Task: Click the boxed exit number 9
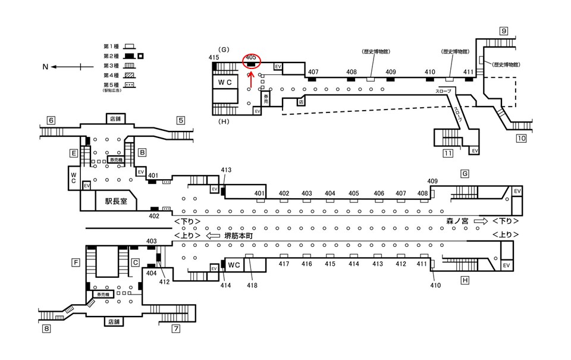click(503, 31)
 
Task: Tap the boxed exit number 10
click(521, 139)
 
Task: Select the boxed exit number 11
click(448, 154)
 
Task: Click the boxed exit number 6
click(51, 120)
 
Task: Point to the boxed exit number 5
click(181, 120)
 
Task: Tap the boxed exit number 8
click(46, 328)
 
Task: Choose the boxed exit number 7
click(176, 328)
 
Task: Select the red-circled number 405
click(250, 57)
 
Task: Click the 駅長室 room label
click(116, 202)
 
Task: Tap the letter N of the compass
click(45, 67)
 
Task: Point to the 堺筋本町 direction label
click(239, 236)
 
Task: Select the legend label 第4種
click(112, 76)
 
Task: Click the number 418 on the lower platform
click(253, 286)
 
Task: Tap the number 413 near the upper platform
click(225, 170)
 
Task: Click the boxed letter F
click(76, 262)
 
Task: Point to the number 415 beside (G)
click(214, 57)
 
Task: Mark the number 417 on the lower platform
click(284, 264)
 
